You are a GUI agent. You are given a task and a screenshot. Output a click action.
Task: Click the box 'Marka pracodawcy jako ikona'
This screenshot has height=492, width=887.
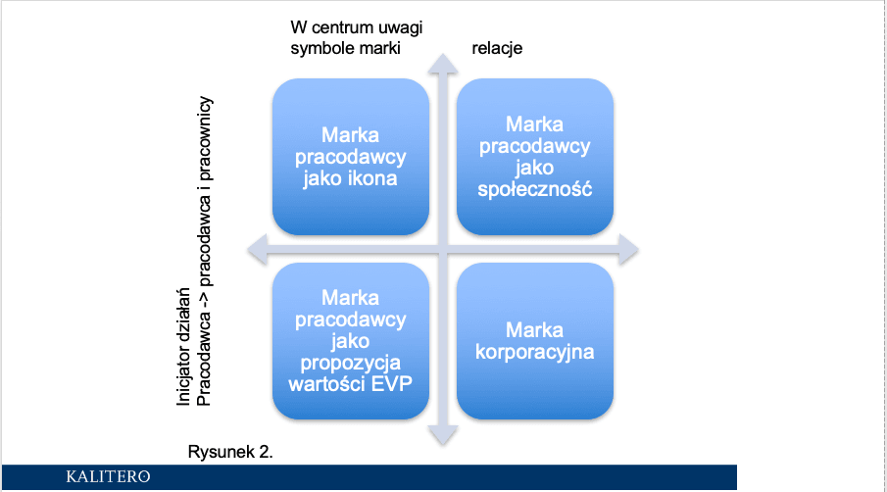coord(351,157)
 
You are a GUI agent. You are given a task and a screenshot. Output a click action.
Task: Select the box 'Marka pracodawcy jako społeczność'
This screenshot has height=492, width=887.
coord(535,157)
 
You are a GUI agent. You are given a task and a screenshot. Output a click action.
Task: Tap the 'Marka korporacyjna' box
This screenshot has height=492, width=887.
coord(535,341)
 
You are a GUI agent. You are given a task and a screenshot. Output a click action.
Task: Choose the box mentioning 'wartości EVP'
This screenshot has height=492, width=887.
coord(351,341)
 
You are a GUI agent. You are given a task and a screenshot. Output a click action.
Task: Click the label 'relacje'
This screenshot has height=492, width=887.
coord(497,48)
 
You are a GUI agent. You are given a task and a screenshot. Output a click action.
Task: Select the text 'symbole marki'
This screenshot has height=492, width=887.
coord(346,48)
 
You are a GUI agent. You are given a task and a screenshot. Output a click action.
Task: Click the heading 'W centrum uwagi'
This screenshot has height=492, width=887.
coord(357,27)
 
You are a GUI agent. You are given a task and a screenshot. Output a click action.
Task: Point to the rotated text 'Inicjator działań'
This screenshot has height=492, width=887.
coord(183,347)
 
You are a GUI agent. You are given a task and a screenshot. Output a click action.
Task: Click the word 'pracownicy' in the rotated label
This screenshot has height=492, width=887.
coord(204,139)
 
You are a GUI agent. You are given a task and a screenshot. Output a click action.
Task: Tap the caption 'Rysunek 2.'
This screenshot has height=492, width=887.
coord(230,452)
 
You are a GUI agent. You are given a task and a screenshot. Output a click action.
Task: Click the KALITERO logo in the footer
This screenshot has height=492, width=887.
coord(108,476)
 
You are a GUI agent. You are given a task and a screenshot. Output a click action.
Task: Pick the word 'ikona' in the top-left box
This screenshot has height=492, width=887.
coord(373,178)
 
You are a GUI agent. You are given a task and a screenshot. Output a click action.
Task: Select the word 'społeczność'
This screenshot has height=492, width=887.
coord(534,189)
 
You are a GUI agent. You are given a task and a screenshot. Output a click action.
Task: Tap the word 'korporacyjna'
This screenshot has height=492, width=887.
coord(534,352)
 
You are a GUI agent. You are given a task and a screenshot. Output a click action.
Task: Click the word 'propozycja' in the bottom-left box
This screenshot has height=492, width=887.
coord(350,363)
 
